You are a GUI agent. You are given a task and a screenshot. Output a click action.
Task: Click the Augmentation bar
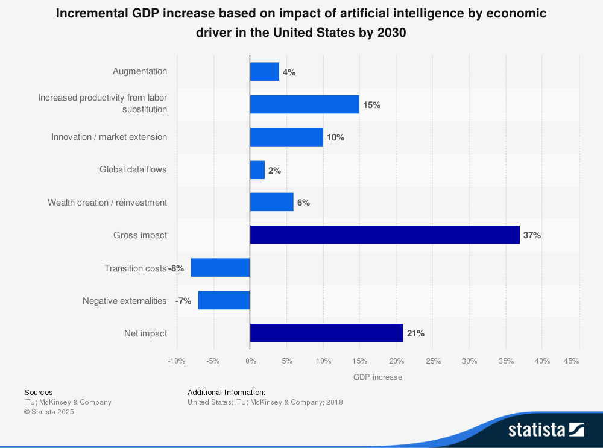tap(265, 72)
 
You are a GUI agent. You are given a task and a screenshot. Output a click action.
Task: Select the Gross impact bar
tap(385, 235)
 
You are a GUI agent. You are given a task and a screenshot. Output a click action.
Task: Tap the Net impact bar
tap(326, 333)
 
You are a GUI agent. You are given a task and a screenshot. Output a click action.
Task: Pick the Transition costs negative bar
tap(220, 268)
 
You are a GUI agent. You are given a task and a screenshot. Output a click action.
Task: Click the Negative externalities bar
tap(224, 300)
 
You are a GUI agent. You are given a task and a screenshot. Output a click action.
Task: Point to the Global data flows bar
tap(257, 170)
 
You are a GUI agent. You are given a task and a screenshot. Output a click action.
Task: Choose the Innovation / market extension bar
tap(286, 137)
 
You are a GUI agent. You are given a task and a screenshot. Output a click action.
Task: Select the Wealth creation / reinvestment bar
tap(272, 203)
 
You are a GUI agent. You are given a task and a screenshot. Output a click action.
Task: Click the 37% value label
tap(532, 235)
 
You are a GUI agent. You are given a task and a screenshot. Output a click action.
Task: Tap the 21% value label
tap(415, 333)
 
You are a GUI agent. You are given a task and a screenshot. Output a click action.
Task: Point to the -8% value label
tap(176, 268)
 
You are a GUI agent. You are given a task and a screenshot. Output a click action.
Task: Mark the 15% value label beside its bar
tap(371, 105)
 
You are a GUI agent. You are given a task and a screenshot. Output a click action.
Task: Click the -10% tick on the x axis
tap(176, 361)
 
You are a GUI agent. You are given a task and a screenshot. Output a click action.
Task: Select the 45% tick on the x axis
tap(571, 361)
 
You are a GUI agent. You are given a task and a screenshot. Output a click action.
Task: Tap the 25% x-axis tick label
tap(433, 361)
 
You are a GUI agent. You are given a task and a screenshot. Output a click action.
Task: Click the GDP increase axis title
tap(377, 377)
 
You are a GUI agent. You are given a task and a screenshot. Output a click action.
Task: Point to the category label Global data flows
tap(133, 170)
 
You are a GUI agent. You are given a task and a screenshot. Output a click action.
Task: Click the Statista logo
tap(546, 429)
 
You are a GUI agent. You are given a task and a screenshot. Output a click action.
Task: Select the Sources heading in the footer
tap(38, 393)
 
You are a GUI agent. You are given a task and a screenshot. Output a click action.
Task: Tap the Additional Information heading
tap(226, 393)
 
